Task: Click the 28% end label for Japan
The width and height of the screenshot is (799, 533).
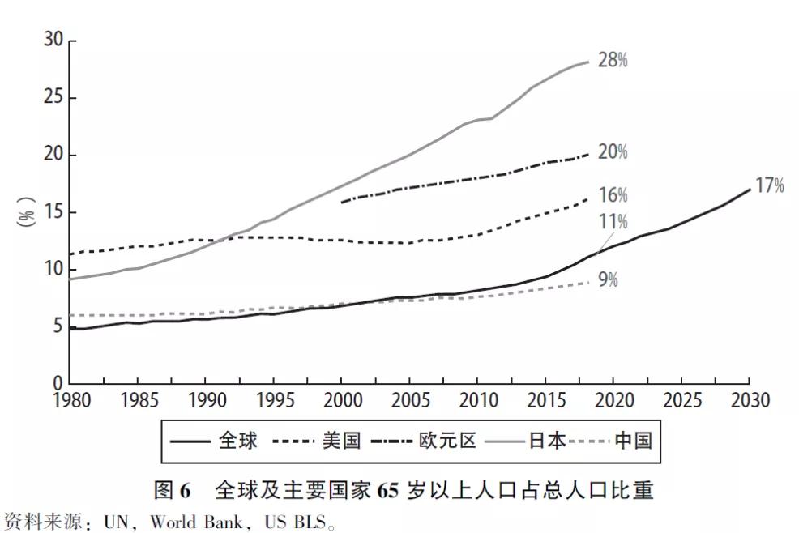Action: point(613,60)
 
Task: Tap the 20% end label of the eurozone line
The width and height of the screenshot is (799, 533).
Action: point(613,152)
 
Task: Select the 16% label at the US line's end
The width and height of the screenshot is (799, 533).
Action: point(613,195)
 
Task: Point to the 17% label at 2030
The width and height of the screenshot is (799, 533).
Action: point(770,185)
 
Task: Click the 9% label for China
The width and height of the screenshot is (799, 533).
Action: point(609,280)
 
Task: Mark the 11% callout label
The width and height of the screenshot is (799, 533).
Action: point(613,222)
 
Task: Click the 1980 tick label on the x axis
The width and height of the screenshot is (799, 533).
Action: point(70,401)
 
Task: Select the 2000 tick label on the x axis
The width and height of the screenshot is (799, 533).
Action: point(341,401)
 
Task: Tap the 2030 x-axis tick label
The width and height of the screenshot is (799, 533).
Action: point(749,401)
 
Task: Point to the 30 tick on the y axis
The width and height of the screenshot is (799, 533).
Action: point(53,41)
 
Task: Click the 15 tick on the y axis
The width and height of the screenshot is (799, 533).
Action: point(53,212)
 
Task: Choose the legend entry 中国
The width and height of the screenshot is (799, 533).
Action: point(633,441)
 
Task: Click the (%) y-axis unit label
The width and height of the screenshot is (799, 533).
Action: point(27,212)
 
